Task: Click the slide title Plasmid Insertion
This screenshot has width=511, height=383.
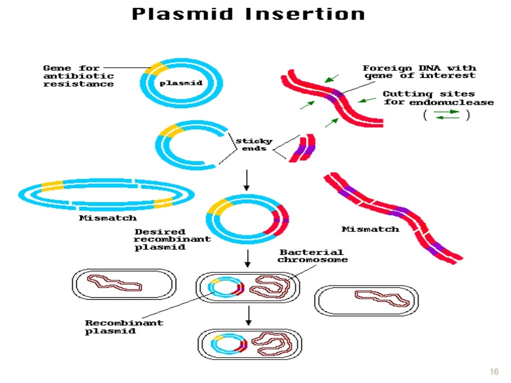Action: point(248,13)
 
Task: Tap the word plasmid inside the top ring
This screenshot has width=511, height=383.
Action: point(181,83)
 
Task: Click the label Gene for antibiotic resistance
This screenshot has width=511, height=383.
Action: point(78,76)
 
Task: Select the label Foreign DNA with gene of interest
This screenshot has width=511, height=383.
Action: point(419,71)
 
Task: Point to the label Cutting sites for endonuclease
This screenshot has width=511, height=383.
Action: point(438,98)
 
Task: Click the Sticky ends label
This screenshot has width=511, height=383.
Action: point(255,145)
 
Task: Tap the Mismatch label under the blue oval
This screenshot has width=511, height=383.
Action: point(107,218)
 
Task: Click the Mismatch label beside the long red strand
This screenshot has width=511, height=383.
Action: point(370,229)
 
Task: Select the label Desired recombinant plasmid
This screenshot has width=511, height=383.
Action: point(172,239)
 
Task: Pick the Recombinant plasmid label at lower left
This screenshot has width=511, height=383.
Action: point(124,327)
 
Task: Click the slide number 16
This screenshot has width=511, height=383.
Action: point(495,372)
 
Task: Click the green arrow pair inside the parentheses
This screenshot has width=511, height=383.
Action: point(447,115)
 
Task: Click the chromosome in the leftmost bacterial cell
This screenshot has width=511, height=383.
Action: point(115,283)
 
